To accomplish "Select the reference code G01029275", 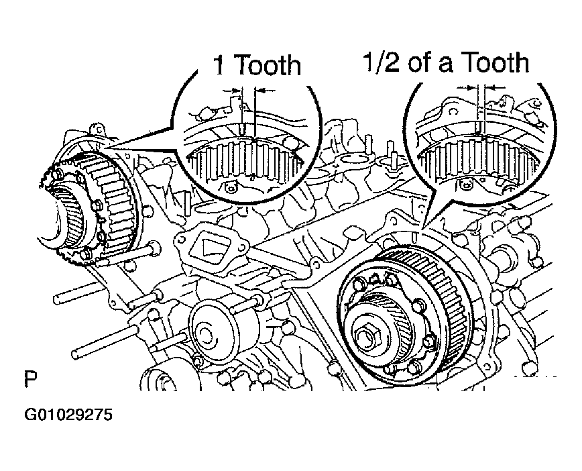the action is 68,415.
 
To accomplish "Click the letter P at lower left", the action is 31,378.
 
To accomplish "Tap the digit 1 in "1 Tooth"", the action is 219,65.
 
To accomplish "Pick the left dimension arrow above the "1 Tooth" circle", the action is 232,90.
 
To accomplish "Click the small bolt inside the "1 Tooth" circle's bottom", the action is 230,189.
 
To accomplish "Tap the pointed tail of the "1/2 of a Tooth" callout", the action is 424,227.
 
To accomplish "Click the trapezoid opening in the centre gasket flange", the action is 209,252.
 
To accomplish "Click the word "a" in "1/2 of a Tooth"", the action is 445,65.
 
